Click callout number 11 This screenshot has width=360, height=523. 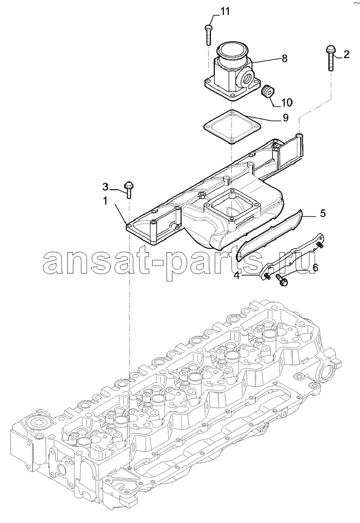[x=225, y=12]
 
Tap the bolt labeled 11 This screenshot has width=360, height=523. [x=208, y=35]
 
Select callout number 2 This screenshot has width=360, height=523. [x=346, y=54]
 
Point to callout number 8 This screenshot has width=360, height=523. [x=284, y=59]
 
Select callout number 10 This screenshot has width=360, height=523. [x=286, y=102]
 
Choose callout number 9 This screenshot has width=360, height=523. [x=285, y=118]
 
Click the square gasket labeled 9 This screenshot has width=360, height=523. [x=232, y=127]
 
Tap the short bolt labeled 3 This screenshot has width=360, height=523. [x=128, y=189]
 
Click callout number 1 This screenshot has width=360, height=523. [x=105, y=201]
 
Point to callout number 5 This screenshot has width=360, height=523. [x=323, y=213]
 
